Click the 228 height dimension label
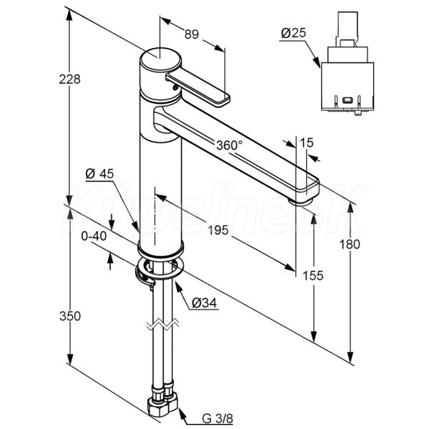[69, 79]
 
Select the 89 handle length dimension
[191, 35]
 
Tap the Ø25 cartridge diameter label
[294, 34]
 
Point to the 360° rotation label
[230, 145]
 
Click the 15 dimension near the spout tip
[307, 143]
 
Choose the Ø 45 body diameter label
[99, 174]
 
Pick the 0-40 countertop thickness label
[94, 236]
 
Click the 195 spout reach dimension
[218, 230]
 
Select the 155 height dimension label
[312, 275]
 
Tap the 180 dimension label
[350, 245]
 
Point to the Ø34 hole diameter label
[204, 303]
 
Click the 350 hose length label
[70, 316]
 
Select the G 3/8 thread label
[217, 418]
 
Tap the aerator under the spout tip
[300, 202]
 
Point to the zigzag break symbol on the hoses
[163, 324]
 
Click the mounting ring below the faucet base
[159, 269]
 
